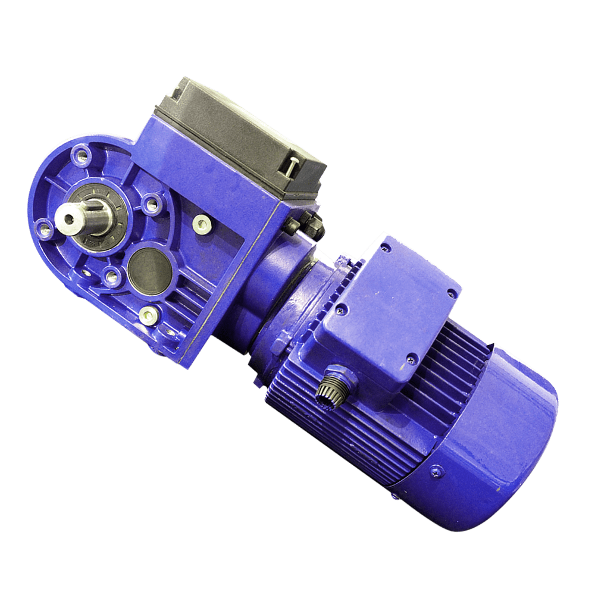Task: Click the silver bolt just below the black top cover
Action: (202, 224)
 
